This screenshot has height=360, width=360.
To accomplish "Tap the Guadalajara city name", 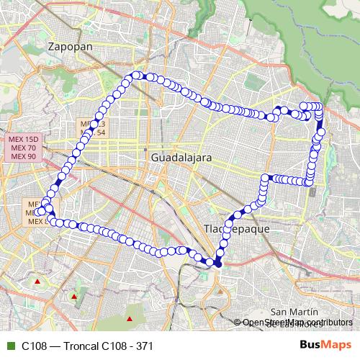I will coord(181,156).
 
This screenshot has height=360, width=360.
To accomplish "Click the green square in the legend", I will coord(9,346).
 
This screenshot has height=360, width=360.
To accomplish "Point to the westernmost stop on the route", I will coord(40,210).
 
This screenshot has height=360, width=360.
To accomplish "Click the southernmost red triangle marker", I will coord(130,318).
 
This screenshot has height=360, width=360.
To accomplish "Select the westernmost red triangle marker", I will coord(36,281).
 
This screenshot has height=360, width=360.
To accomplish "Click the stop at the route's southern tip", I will coord(218,264).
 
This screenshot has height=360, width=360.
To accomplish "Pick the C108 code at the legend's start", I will coord(34,346).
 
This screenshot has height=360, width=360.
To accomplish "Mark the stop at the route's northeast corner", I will coord(319,107).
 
